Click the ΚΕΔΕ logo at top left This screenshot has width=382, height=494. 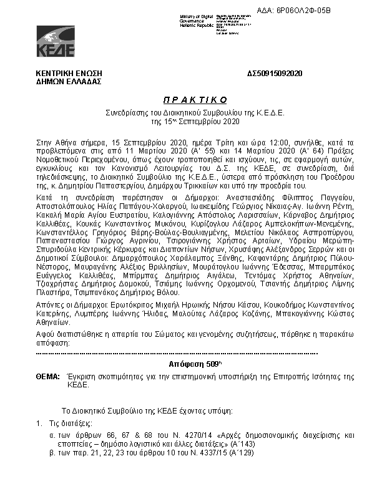pos(56,41)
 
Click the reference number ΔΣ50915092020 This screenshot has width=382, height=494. pos(275,74)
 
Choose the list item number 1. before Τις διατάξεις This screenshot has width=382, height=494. pos(39,424)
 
